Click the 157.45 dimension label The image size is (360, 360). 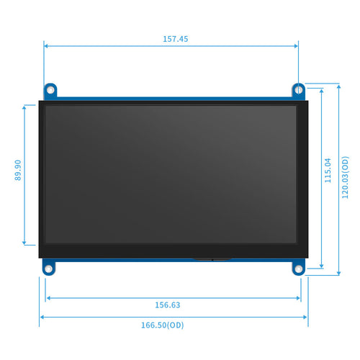pos(171,40)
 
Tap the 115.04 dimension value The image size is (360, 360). pos(328,170)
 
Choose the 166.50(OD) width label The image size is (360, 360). pos(162,325)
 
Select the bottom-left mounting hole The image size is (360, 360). pos(49,269)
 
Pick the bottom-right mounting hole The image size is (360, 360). pos(298,269)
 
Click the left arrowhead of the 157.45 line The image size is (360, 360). pos(46,46)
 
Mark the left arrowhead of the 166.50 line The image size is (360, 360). pos(42,316)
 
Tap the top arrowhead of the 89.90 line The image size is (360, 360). pos(25,107)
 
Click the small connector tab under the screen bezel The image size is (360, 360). pos(212,258)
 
